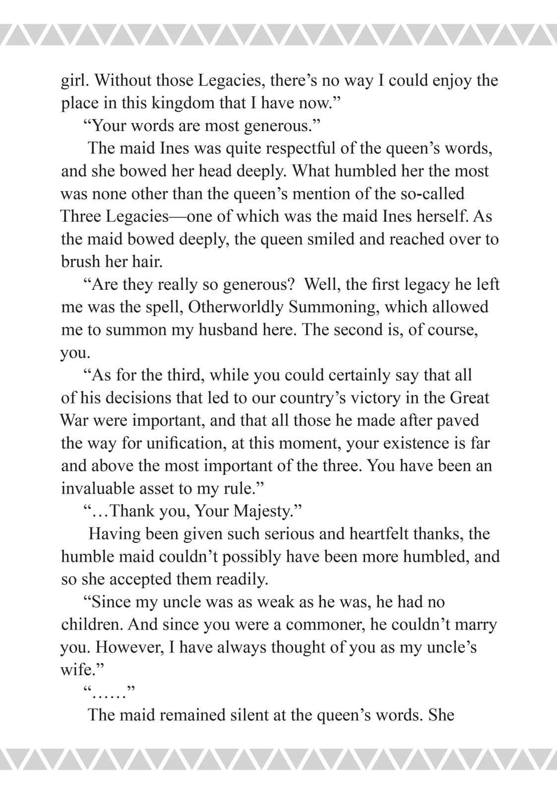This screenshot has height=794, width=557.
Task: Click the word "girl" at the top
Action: pyautogui.click(x=73, y=81)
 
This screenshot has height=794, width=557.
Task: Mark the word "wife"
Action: pyautogui.click(x=77, y=670)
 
